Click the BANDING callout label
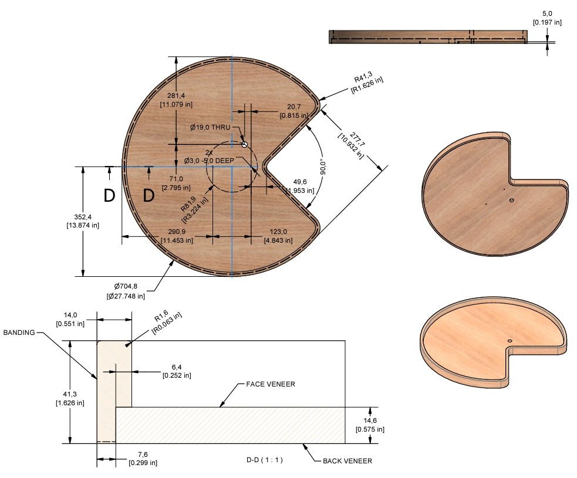pyautogui.click(x=19, y=333)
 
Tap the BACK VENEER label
pyautogui.click(x=347, y=461)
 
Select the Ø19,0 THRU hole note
pyautogui.click(x=210, y=127)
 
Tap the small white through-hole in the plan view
pyautogui.click(x=245, y=144)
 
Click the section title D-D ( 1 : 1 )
pyautogui.click(x=265, y=460)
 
